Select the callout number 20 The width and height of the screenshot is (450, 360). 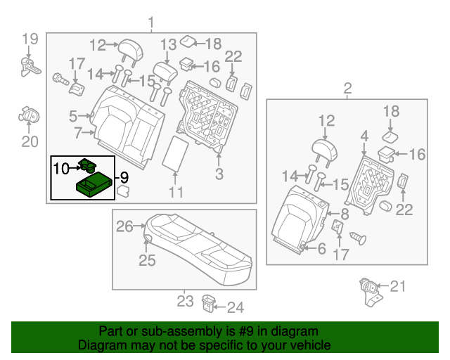click(28, 143)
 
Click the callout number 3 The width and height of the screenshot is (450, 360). click(219, 174)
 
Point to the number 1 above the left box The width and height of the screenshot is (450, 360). click(150, 25)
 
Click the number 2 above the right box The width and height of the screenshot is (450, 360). click(347, 89)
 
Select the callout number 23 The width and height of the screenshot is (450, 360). click(184, 302)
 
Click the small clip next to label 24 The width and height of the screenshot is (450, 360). click(208, 303)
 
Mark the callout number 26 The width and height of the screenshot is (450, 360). click(124, 226)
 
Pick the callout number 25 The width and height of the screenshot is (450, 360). click(146, 261)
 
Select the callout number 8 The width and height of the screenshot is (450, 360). click(344, 214)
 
